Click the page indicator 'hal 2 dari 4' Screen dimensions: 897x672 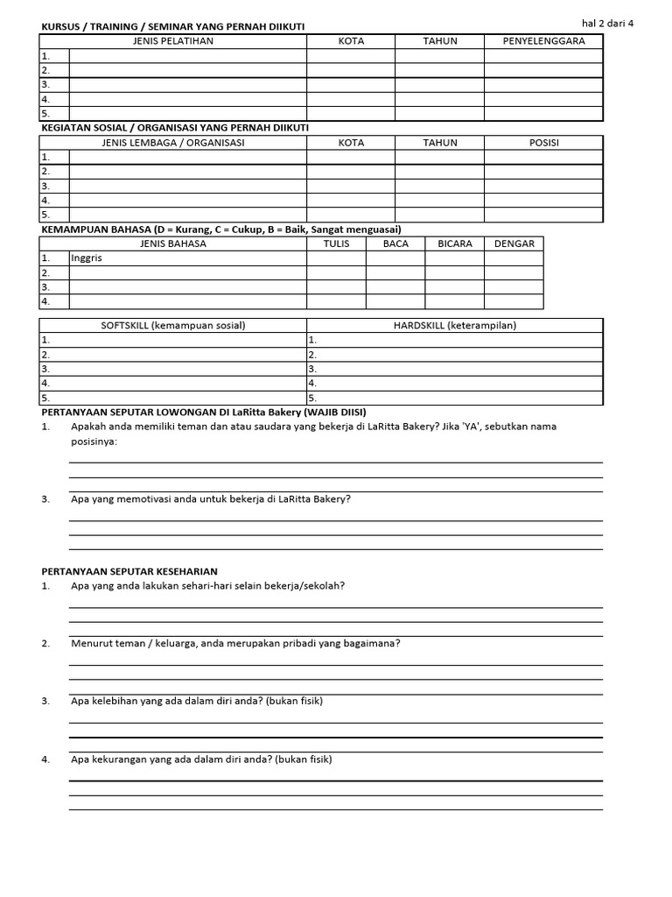(607, 24)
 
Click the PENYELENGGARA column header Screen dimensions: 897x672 (543, 41)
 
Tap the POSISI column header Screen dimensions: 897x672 (543, 143)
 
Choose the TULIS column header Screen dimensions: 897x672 (336, 244)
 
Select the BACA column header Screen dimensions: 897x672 (395, 244)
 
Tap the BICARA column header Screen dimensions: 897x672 (455, 244)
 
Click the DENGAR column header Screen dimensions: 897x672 (514, 244)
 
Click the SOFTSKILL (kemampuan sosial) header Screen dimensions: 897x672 (173, 326)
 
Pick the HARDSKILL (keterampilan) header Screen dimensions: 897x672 (455, 326)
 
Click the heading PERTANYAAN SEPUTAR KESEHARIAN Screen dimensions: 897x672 (129, 571)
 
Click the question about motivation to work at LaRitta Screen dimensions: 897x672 (211, 499)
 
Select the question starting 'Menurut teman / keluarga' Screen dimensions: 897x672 (235, 643)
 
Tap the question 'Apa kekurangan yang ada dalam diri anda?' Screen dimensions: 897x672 (201, 759)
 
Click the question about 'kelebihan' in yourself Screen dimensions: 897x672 (202, 701)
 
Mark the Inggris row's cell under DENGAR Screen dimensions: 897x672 (514, 258)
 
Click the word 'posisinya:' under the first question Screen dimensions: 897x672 (94, 441)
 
